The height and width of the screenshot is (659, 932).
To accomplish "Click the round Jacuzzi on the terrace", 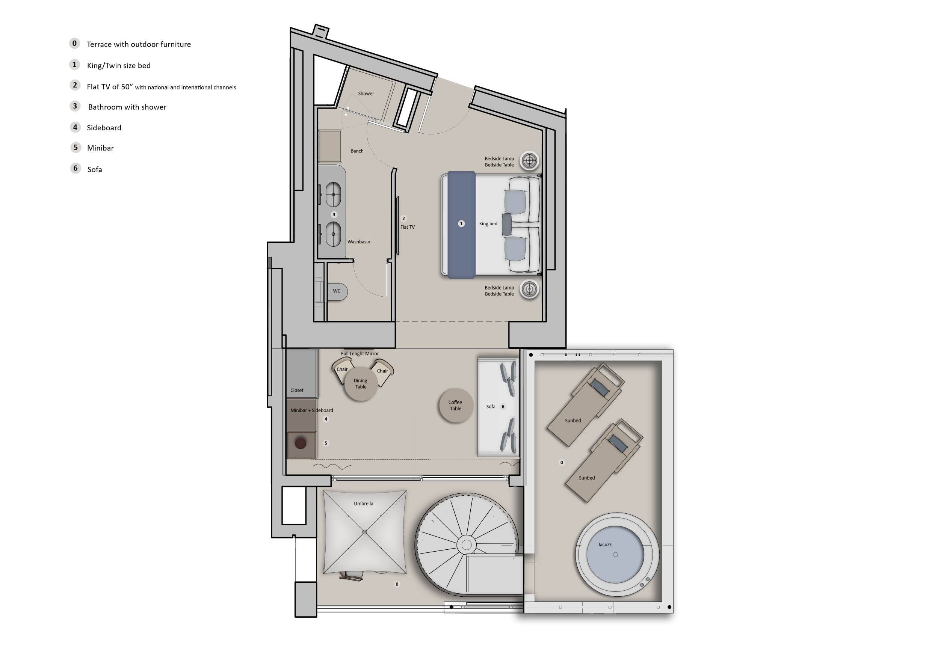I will tap(615, 554).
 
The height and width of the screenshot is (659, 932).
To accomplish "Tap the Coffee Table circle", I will tap(456, 406).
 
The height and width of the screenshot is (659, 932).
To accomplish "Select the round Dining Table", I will tap(361, 383).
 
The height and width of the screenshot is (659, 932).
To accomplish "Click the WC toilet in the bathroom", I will tap(337, 291).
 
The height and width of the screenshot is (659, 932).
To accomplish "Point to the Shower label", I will tap(366, 94).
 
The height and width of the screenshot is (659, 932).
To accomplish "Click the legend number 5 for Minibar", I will tap(76, 147).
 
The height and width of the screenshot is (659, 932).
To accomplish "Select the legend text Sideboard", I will tap(104, 128).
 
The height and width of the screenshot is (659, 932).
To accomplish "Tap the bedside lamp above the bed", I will tap(529, 161).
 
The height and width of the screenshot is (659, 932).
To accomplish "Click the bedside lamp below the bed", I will tap(529, 289).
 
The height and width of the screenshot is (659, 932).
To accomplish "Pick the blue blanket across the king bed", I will tap(461, 225).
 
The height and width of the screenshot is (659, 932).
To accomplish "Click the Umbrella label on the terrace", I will tap(363, 504).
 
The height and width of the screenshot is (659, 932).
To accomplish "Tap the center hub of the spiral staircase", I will tap(467, 544).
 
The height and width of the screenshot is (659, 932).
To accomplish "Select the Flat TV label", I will tap(407, 227).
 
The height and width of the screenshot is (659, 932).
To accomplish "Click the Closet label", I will tap(297, 391).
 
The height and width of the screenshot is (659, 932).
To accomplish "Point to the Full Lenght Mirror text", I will tap(360, 354).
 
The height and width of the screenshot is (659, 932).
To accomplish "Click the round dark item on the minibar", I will tap(301, 443).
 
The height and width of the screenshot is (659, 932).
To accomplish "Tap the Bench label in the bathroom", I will tap(357, 151).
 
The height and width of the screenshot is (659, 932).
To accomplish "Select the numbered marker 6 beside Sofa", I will tap(503, 407).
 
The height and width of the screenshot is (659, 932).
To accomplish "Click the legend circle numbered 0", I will tap(74, 44).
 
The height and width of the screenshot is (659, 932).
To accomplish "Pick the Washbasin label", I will tap(358, 242).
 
